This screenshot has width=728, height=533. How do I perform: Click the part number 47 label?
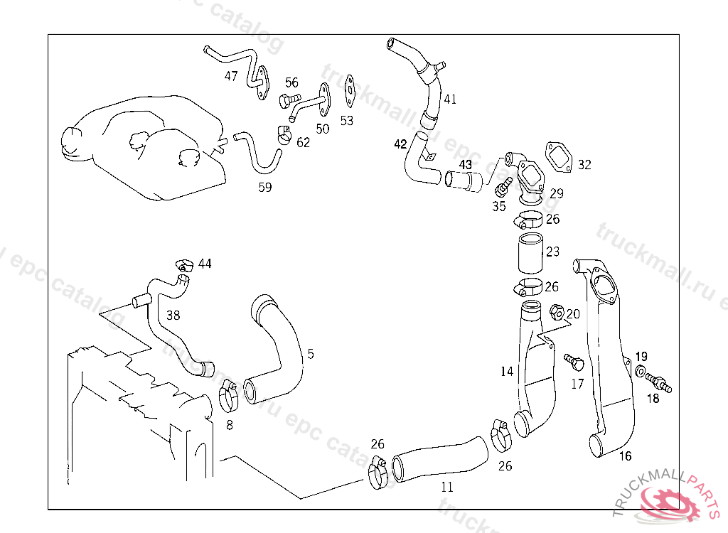coord(231,76)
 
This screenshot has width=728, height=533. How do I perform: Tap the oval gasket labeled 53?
coord(349,90)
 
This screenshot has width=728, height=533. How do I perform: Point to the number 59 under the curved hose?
coord(264,188)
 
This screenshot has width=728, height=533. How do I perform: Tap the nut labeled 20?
coord(557,311)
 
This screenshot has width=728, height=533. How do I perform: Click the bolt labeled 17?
coord(574,362)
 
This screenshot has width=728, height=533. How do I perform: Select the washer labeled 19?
coord(641,372)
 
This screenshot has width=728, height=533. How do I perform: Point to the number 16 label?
coord(625,456)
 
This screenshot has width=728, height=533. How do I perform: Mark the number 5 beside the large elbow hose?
coord(310,353)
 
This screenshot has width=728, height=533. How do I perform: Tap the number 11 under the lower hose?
coord(446,488)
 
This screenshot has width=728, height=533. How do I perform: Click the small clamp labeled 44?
coord(186,266)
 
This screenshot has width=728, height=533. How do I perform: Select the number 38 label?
coord(173,314)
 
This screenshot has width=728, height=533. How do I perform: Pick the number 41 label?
coord(450,99)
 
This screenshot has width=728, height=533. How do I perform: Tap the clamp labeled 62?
coord(284,134)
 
